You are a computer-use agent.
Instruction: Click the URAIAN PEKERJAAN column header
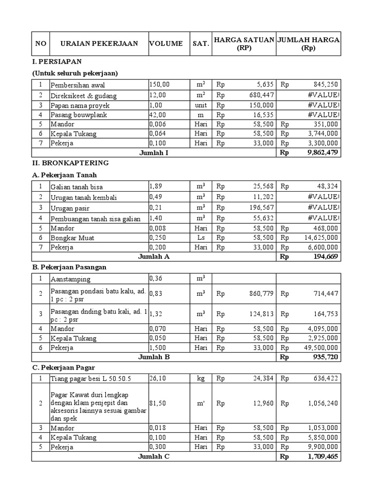click(x=99, y=44)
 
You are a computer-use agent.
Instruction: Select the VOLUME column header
click(x=166, y=44)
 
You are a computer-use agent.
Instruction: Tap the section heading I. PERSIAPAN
click(x=56, y=62)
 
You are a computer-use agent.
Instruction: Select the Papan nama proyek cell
click(x=80, y=106)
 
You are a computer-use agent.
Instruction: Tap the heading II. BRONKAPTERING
click(x=70, y=162)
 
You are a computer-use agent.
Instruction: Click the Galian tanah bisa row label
click(x=76, y=187)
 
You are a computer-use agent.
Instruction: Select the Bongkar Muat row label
click(x=72, y=238)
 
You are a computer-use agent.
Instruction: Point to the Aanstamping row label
click(x=70, y=279)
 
